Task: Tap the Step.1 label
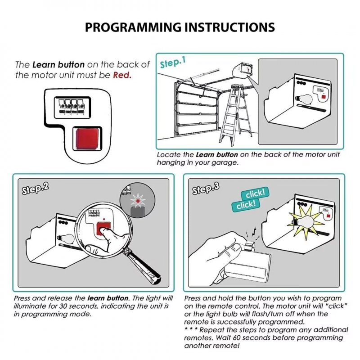(x=172, y=63)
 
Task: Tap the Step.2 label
(x=36, y=188)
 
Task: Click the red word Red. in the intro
(x=122, y=75)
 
